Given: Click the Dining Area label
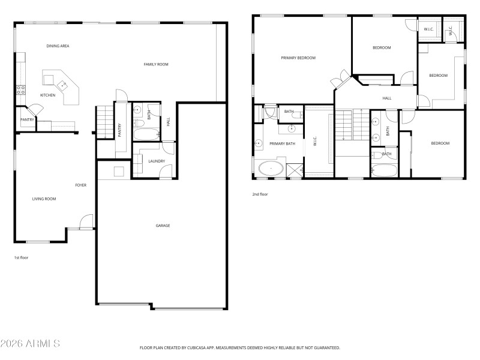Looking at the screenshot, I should pos(58,46).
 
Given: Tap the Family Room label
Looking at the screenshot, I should pos(155,64).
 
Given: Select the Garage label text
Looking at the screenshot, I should pos(163,226).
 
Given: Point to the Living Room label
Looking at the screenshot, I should pos(44,199).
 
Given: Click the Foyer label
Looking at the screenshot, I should pos(80,185).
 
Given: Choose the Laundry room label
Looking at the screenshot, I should pos(157,161).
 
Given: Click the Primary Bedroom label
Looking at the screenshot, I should pos(298,58).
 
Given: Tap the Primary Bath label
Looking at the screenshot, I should pos(282,143).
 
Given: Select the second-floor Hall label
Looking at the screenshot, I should pos(387,98).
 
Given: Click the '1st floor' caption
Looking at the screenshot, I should pos(21,257).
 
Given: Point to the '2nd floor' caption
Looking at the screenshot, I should pos(260,194).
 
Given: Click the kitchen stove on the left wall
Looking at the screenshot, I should pos(20,90).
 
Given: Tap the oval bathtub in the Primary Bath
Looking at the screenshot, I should pos(272,169).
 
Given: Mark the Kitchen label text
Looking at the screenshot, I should pos(47,95).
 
